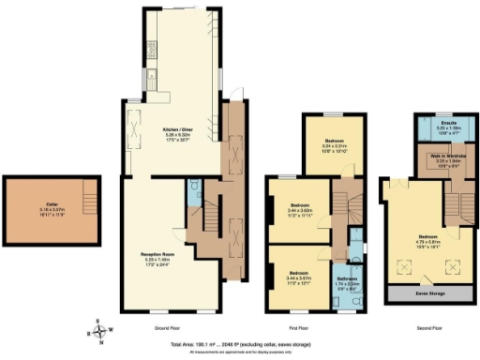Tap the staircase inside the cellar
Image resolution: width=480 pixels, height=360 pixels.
pyautogui.click(x=89, y=198)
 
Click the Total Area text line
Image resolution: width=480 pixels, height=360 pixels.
pyautogui.click(x=240, y=345)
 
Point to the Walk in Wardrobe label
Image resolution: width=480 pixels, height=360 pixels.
pyautogui.click(x=436, y=156)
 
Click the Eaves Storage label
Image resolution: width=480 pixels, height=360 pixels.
pyautogui.click(x=430, y=294)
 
